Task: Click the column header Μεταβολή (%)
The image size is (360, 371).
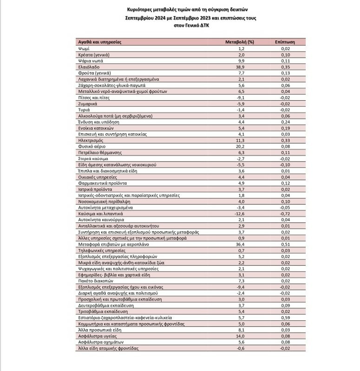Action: click(240, 42)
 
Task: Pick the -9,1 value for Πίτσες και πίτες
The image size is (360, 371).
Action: click(241, 97)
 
